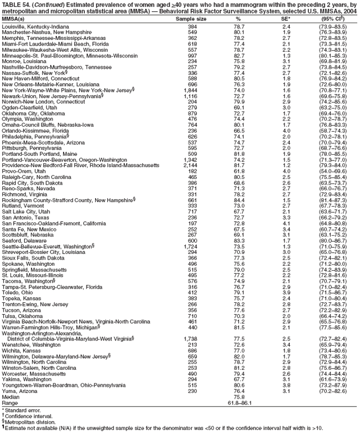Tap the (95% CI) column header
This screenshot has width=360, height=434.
pyautogui.click(x=336, y=19)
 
